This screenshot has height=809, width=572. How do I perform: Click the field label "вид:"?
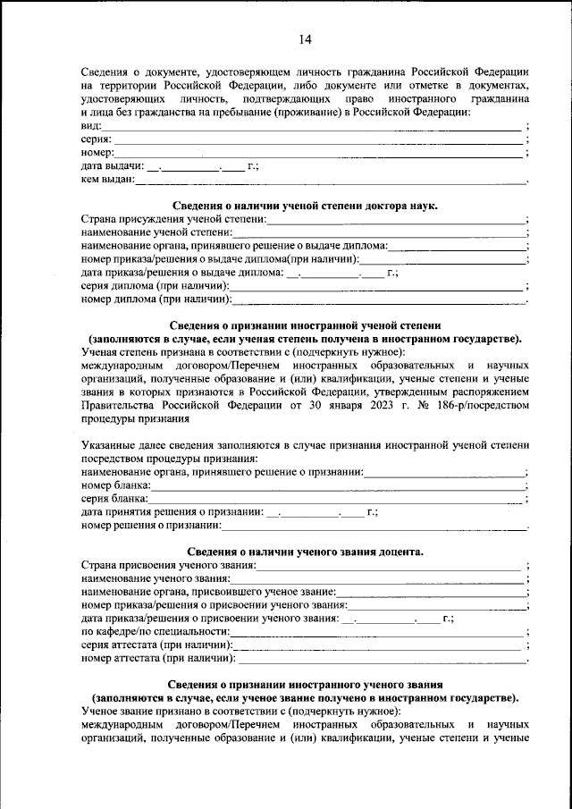coord(90,126)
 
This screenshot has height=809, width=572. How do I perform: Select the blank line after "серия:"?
coord(317,141)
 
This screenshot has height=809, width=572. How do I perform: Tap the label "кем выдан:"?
coord(107,180)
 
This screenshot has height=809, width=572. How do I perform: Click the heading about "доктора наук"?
coord(304,206)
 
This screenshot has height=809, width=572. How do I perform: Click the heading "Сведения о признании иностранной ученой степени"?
coord(304,325)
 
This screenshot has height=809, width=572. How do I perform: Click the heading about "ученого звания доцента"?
coord(304,552)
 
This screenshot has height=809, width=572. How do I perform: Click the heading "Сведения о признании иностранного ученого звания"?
coord(304,683)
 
